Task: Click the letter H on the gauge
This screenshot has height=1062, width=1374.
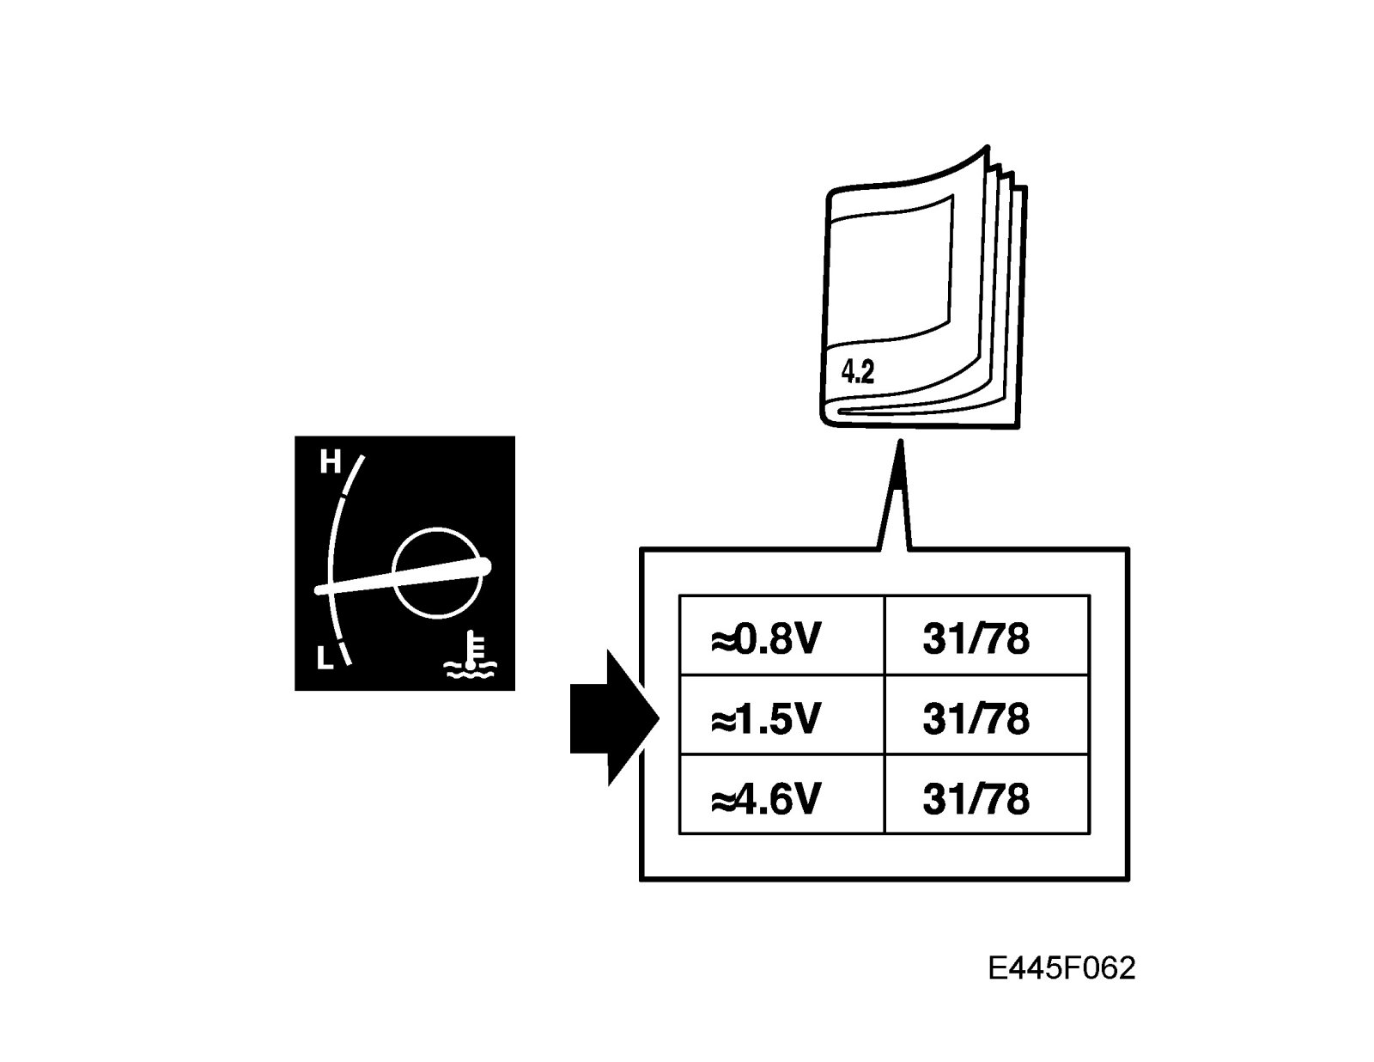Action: coord(331,462)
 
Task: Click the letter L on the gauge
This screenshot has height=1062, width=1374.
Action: coord(325,659)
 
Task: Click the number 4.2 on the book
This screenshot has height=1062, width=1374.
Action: coord(857,371)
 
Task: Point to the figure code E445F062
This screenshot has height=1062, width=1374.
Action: coord(1061,968)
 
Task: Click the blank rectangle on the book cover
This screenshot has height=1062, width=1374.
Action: coord(891,266)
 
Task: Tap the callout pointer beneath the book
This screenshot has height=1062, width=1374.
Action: coord(895,498)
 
